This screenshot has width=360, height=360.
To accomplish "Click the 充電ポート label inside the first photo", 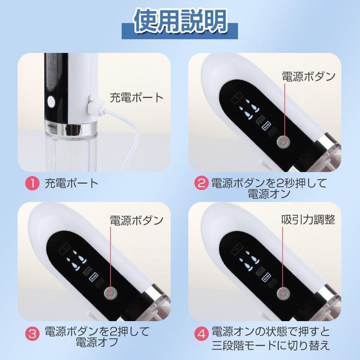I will click(x=137, y=97).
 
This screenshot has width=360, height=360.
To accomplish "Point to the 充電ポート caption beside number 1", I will click(x=71, y=184).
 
